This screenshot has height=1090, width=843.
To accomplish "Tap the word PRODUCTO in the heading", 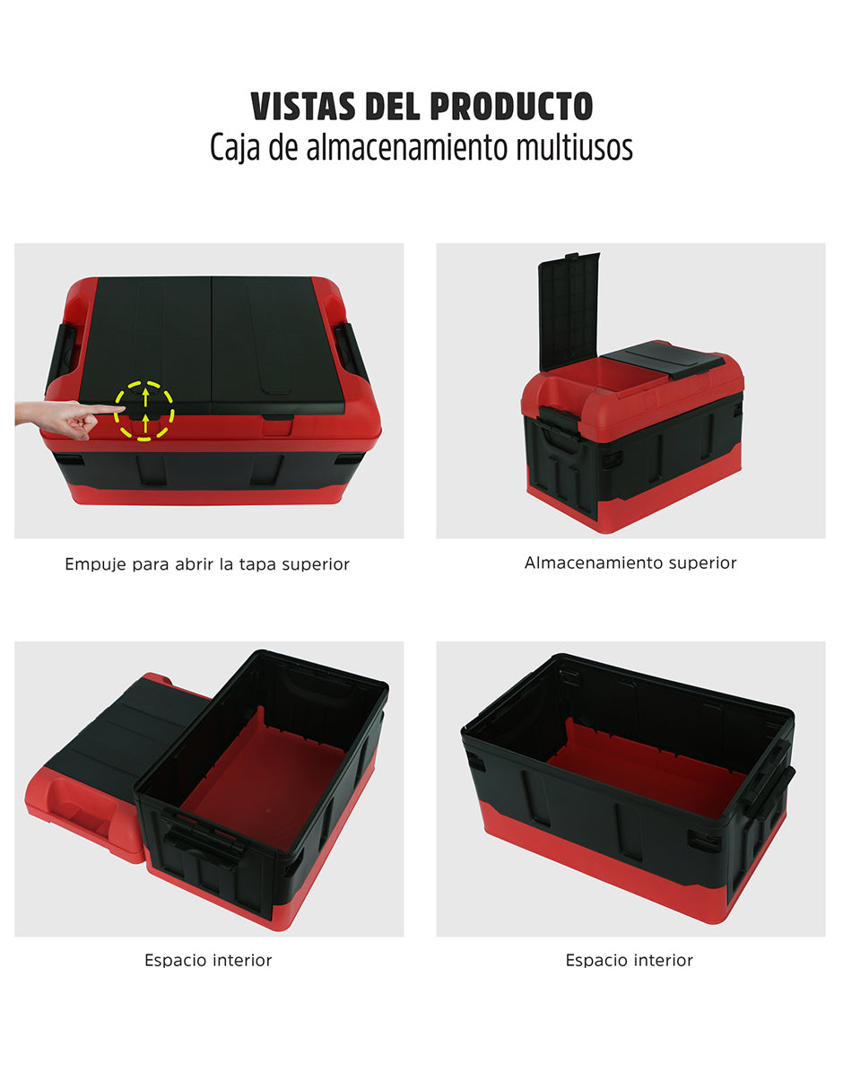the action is click(x=511, y=107).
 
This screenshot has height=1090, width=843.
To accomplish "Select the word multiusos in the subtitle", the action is click(x=574, y=146).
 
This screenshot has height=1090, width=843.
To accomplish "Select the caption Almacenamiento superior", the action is click(x=630, y=562).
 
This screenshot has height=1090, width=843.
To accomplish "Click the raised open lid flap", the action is click(x=569, y=310).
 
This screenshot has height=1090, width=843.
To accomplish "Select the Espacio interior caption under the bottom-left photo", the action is click(x=208, y=960).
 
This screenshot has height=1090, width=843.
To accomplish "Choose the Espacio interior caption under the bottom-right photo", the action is click(x=629, y=960).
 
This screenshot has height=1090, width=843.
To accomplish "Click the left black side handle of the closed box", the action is click(x=61, y=355).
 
